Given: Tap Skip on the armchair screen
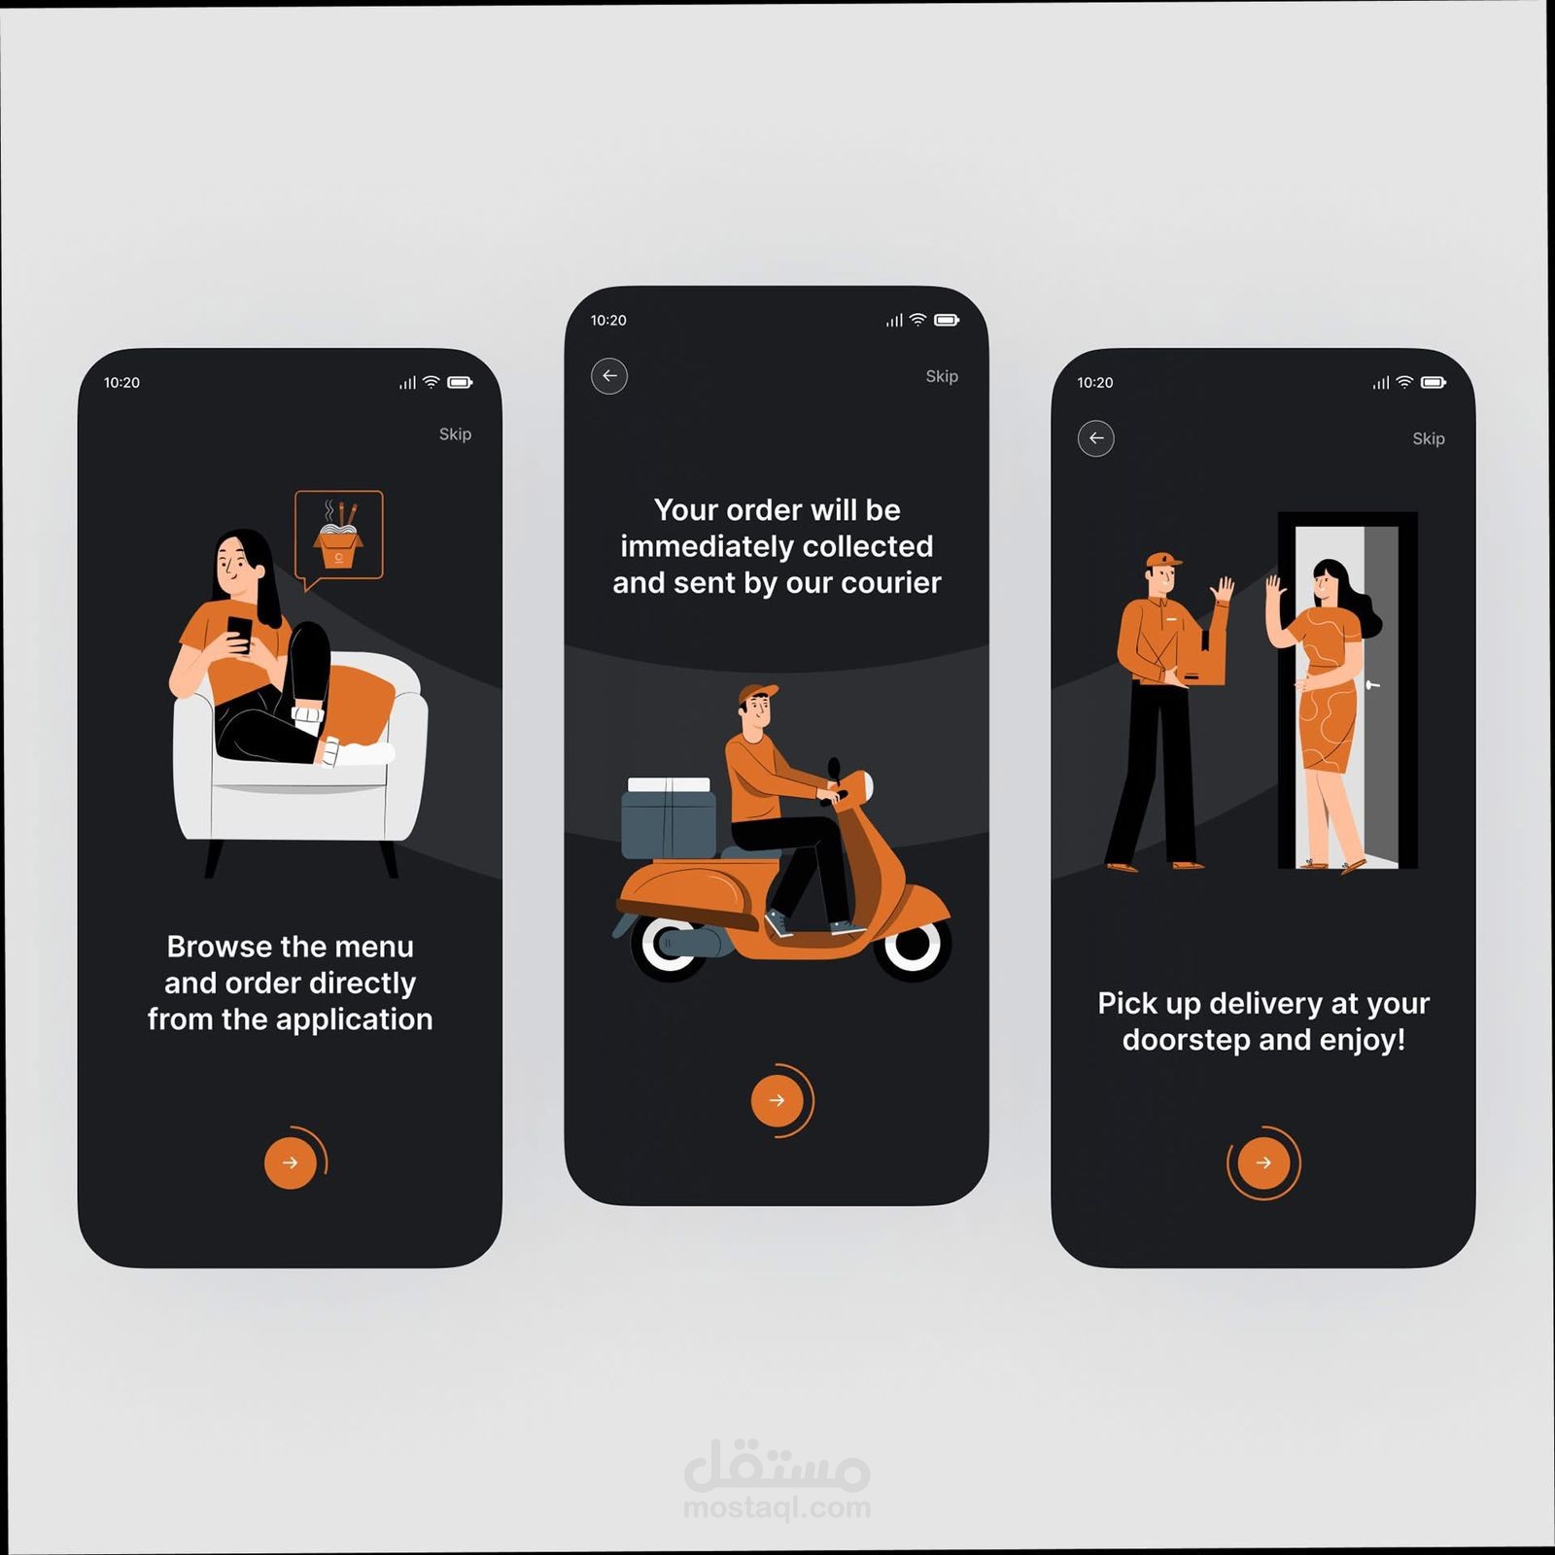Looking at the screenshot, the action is point(455,434).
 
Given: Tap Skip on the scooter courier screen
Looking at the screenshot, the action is point(942,376).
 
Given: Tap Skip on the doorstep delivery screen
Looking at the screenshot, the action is point(1429,438).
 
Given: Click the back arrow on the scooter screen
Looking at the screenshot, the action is point(609,376).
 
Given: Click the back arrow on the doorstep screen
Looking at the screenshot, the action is point(1096,438).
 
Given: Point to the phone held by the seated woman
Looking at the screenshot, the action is point(239,633).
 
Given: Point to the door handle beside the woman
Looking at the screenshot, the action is point(1372,685).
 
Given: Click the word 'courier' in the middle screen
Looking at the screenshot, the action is point(891,583).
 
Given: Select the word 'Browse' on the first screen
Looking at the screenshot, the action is point(219,947).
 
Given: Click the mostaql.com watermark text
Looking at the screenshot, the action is point(777,1507).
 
